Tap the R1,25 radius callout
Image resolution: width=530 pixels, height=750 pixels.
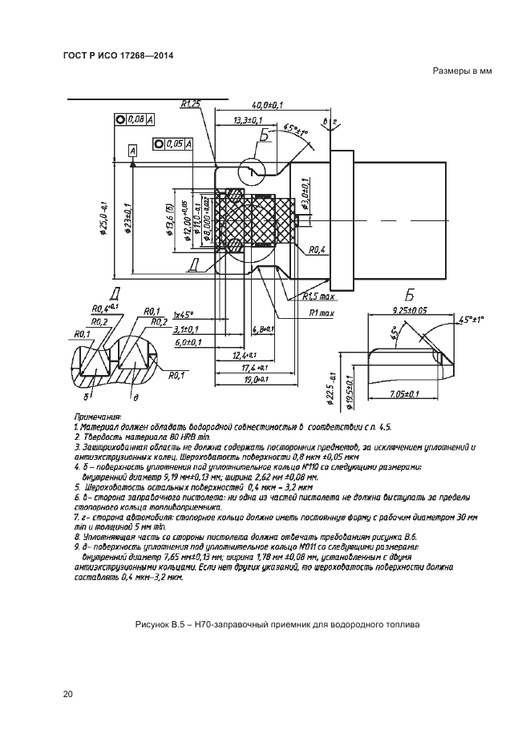point(190,103)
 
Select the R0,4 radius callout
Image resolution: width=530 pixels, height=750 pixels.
point(316,250)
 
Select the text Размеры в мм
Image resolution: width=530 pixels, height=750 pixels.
point(461,71)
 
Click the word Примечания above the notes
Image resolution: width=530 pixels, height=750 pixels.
point(98,417)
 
